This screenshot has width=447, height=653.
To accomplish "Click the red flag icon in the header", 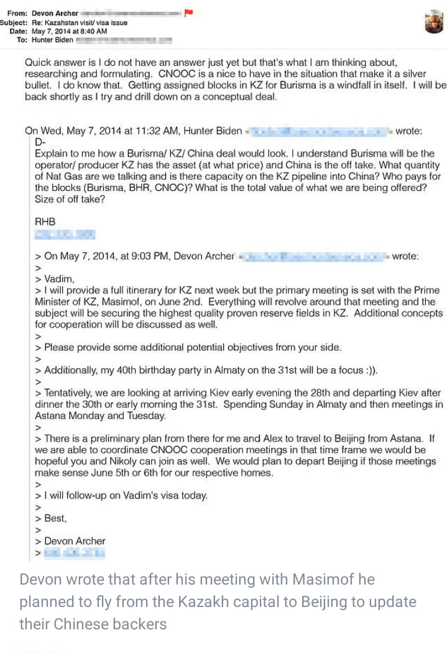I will click(x=189, y=12).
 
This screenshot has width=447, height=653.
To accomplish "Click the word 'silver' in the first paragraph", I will click(x=416, y=74).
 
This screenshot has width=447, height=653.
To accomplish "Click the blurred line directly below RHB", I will click(x=65, y=234).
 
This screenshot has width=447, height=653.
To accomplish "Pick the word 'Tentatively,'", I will click(x=73, y=393).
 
